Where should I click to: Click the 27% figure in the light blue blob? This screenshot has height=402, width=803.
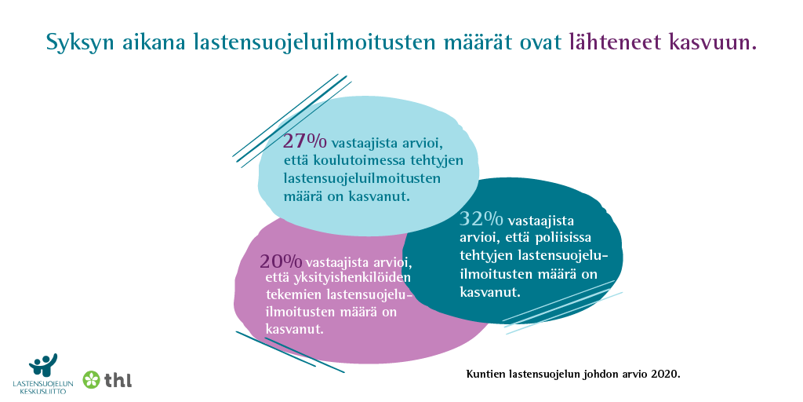click(x=306, y=141)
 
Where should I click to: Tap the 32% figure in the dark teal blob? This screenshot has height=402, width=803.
click(x=481, y=220)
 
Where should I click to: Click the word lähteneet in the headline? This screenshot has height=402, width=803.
click(x=616, y=42)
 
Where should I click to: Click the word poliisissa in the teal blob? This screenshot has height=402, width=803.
click(x=564, y=239)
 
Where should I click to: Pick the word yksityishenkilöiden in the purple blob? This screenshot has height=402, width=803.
click(x=353, y=279)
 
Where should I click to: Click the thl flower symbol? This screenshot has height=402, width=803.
click(x=92, y=379)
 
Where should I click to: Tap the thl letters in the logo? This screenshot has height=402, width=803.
click(x=118, y=380)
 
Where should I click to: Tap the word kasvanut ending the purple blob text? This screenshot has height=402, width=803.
click(x=295, y=328)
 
